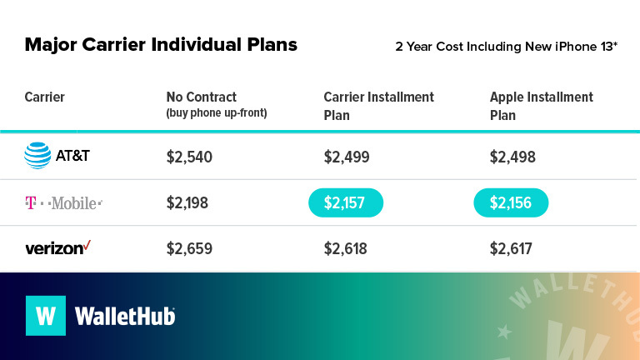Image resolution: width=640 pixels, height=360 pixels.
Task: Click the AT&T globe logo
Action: (x=37, y=156)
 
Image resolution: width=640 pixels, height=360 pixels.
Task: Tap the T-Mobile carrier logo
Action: (x=63, y=202)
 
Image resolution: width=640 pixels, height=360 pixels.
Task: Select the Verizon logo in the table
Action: (x=57, y=247)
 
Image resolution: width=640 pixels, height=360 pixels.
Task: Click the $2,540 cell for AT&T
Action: (x=189, y=157)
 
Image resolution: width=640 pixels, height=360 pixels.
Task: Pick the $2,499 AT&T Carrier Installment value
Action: (x=347, y=157)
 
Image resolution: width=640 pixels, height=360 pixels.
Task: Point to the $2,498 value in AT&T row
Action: (x=512, y=157)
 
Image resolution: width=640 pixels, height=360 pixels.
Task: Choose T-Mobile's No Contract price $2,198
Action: (x=187, y=202)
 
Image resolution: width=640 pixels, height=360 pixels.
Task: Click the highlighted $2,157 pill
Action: (x=346, y=202)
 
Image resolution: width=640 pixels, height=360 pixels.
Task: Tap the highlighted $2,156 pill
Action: (x=511, y=202)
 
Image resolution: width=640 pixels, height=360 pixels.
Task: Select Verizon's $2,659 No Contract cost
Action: (x=189, y=248)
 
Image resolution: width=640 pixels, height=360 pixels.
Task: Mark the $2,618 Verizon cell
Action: (x=347, y=248)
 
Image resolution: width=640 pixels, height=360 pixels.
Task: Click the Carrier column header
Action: (x=45, y=97)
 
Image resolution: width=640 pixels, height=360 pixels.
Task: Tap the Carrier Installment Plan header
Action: (x=378, y=106)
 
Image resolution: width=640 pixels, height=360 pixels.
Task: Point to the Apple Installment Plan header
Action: (x=542, y=106)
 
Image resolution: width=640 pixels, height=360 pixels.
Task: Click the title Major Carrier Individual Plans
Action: (x=161, y=44)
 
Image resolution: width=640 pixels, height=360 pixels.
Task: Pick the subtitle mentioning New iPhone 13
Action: (x=506, y=46)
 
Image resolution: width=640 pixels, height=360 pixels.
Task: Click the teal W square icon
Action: (x=46, y=316)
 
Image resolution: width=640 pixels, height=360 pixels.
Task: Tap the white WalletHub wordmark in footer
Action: (x=125, y=317)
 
